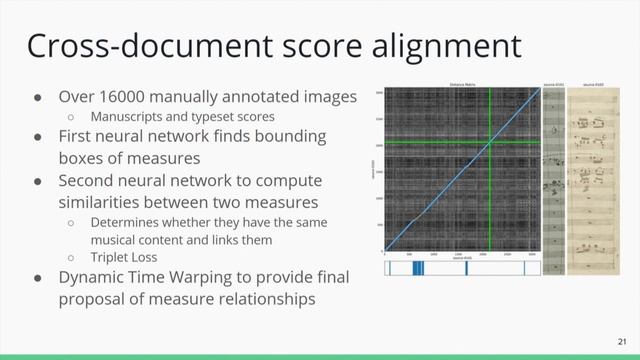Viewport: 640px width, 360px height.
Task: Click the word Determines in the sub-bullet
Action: [x=124, y=222]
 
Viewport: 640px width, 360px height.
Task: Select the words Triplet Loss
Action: [x=121, y=258]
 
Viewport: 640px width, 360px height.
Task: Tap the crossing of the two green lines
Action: [x=490, y=142]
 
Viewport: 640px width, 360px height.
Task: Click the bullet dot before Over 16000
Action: [x=37, y=98]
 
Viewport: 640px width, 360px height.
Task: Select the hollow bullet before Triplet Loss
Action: [x=71, y=258]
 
